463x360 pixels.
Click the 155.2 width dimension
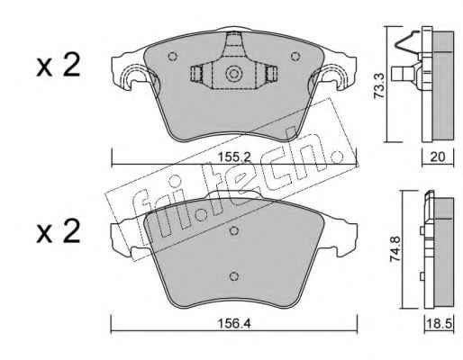pos(234,157)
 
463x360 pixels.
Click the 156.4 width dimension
pos(234,323)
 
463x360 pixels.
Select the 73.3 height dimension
pos(380,85)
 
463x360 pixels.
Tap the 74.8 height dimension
pos(395,249)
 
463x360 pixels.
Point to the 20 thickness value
pos(438,157)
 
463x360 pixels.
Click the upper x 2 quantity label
pos(59,65)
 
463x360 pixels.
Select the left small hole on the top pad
pos(172,57)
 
